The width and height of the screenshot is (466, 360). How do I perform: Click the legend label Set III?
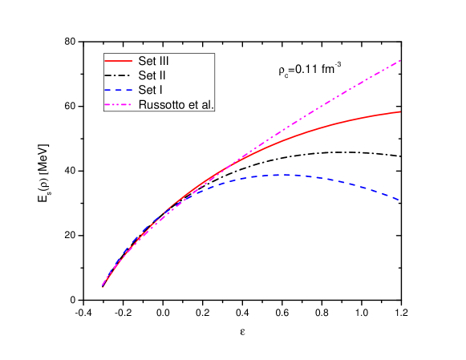(x=153, y=61)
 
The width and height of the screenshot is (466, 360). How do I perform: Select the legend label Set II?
(x=152, y=75)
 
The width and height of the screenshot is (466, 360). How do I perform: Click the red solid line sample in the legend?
(x=118, y=61)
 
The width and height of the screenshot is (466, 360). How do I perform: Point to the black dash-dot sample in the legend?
(x=118, y=75)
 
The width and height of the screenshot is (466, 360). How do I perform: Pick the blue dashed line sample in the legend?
(x=118, y=90)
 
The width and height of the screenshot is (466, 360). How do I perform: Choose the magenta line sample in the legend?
(x=118, y=104)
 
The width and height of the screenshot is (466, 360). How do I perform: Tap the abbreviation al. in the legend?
(x=207, y=104)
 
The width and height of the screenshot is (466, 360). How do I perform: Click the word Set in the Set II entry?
(x=146, y=75)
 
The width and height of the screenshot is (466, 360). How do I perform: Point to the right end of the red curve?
(x=400, y=111)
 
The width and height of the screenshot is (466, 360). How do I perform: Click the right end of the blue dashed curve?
(x=400, y=199)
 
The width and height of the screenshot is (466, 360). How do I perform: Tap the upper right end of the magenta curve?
(x=400, y=60)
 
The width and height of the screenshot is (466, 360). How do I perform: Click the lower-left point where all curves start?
(x=103, y=285)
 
